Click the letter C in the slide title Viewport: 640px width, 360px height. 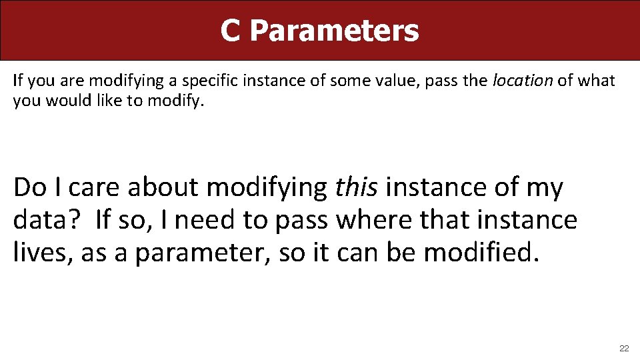pyautogui.click(x=230, y=31)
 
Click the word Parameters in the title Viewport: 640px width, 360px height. pyautogui.click(x=335, y=31)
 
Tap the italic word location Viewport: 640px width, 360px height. pyautogui.click(x=522, y=81)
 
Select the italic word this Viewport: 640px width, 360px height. pyautogui.click(x=357, y=188)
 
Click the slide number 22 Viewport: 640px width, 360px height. pyautogui.click(x=624, y=349)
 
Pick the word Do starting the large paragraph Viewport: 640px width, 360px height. pyautogui.click(x=29, y=188)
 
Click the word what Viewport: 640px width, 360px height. pyautogui.click(x=595, y=81)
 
